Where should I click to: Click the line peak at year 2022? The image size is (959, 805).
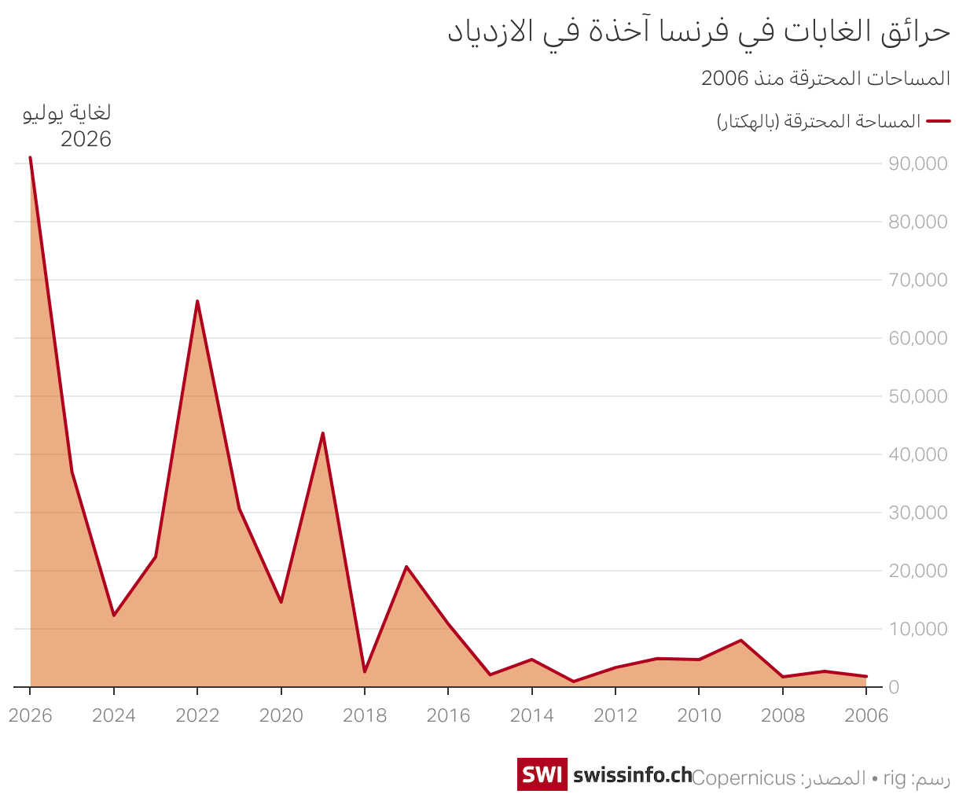point(197,301)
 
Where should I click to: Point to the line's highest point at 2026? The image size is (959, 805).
point(31,157)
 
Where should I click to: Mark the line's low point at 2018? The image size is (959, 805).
point(365,672)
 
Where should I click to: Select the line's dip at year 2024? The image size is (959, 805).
point(114,616)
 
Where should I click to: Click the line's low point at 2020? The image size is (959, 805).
point(281,602)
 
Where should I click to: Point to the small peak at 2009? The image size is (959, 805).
point(740,640)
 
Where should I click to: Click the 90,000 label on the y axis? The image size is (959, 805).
point(917,164)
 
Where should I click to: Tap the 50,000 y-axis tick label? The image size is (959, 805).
point(917,396)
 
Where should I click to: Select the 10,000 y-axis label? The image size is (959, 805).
point(917,629)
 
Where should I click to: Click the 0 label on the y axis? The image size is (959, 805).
point(894,687)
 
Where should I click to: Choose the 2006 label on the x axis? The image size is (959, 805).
point(866,715)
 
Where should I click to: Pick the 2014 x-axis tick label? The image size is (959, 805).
point(532,715)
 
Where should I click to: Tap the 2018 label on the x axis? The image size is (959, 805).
point(365,715)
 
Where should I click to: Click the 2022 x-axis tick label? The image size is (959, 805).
point(197,715)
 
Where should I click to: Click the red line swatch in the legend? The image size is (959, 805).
point(939,121)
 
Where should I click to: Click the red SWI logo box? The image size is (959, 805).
point(542,774)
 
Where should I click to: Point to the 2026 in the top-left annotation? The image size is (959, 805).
point(86,139)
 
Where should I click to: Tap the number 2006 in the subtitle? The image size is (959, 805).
point(725,78)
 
